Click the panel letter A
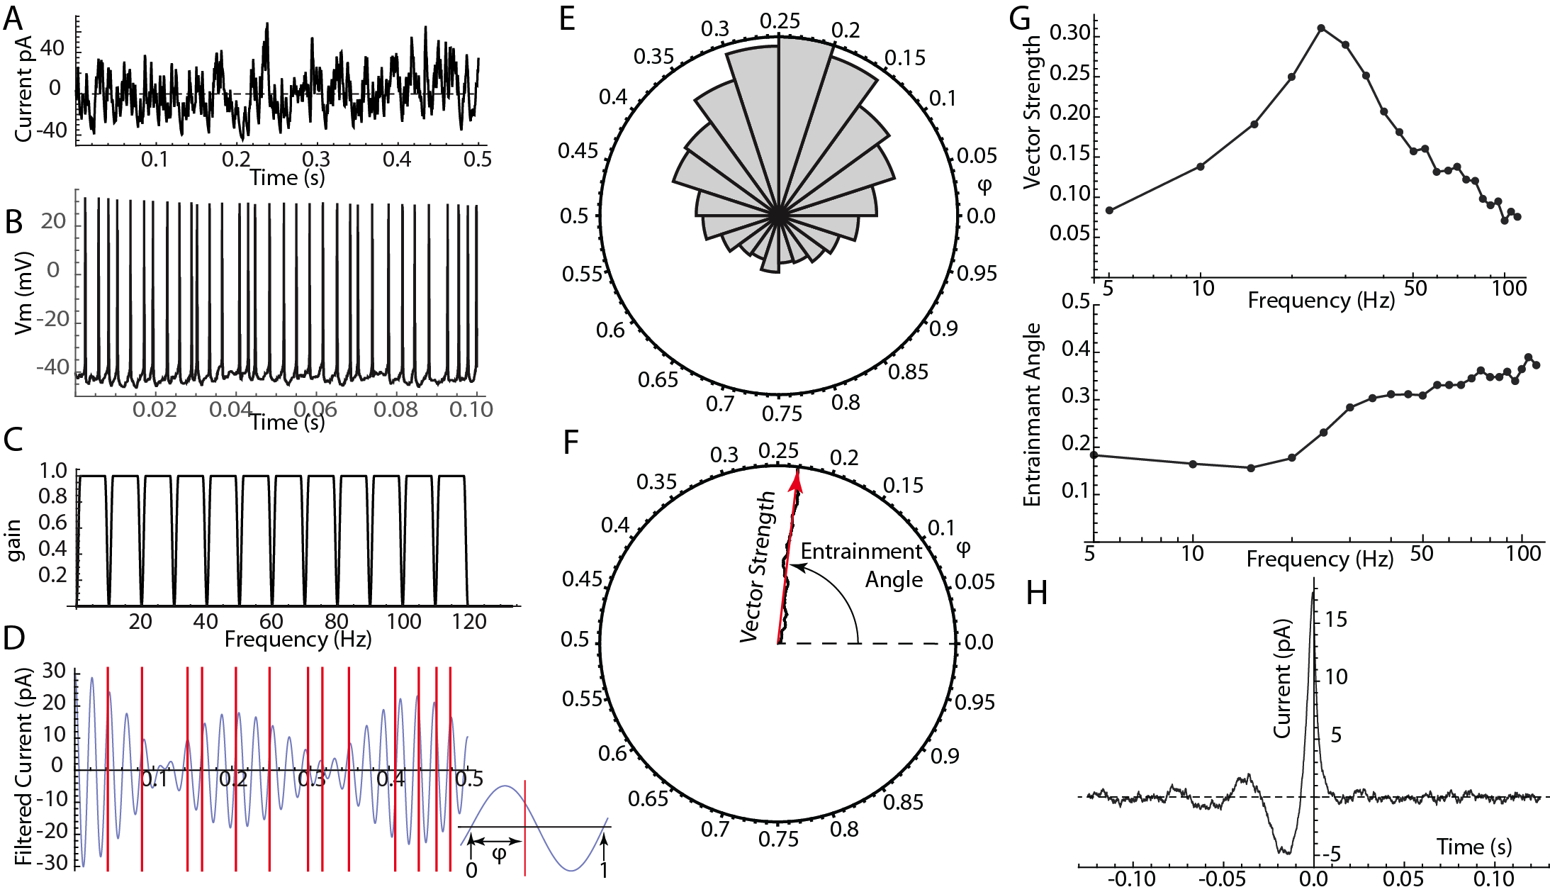coord(13,18)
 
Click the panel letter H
coord(1036,592)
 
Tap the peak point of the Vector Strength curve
coord(1321,28)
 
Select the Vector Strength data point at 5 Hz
coord(1109,210)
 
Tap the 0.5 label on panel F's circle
coord(574,640)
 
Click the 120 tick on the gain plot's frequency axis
coord(469,622)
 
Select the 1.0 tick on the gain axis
coord(53,472)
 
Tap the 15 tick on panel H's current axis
coord(1335,620)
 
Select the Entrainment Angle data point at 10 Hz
coord(1193,464)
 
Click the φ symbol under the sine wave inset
coord(499,854)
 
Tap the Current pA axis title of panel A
coord(23,89)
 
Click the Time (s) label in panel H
coord(1474,847)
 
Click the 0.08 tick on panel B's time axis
coord(395,409)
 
